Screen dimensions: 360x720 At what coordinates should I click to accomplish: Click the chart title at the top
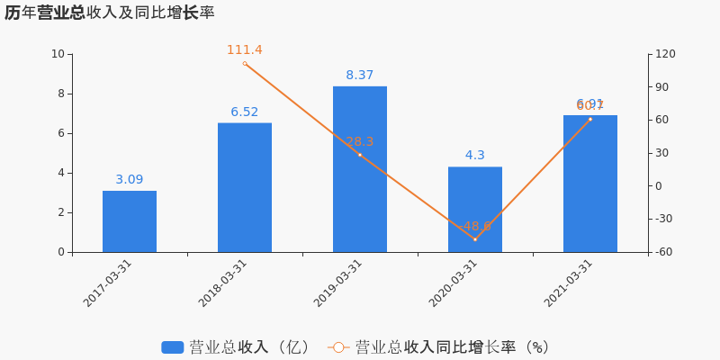(109, 13)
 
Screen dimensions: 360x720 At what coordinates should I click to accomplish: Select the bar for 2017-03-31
(130, 221)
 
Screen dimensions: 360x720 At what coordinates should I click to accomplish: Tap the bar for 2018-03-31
(245, 187)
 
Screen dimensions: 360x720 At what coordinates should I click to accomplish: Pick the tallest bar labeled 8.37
(360, 169)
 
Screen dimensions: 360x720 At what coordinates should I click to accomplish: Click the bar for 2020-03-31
(475, 210)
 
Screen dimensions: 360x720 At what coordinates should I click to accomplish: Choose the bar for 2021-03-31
(590, 184)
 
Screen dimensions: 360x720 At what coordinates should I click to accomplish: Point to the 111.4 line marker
(245, 64)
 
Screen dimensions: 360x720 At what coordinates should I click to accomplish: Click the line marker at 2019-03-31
(360, 155)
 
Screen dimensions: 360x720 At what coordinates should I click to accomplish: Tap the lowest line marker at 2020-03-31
(475, 239)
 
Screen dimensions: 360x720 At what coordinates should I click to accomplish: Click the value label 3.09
(130, 179)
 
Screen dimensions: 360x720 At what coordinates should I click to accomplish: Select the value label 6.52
(245, 112)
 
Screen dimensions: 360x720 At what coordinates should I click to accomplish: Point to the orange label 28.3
(360, 141)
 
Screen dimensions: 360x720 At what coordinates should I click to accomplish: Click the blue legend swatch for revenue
(173, 347)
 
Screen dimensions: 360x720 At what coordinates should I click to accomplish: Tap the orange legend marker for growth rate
(338, 347)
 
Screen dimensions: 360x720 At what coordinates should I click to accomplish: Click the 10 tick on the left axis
(58, 54)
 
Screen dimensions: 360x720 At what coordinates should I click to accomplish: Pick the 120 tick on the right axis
(665, 54)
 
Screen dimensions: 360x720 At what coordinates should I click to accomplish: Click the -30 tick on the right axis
(663, 219)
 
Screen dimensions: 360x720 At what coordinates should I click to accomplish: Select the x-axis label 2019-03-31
(338, 283)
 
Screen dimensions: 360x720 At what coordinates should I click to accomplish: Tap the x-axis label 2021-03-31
(569, 283)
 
